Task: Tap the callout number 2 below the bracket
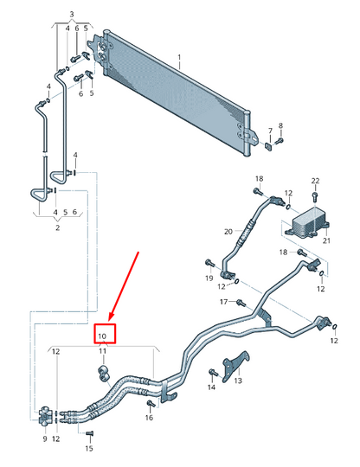[x=56, y=227]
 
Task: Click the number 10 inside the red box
[x=102, y=336]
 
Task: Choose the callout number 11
[x=102, y=351]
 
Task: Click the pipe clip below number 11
[x=102, y=373]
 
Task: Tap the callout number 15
[x=88, y=449]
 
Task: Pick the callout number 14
[x=210, y=388]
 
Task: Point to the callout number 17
[x=222, y=301]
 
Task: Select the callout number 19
[x=208, y=278]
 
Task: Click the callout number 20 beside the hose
[x=228, y=231]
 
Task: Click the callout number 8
[x=280, y=126]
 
